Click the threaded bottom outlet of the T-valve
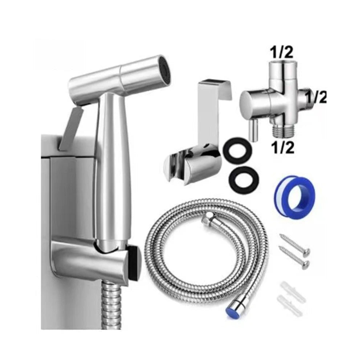pyautogui.click(x=280, y=130)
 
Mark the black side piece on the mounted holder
pyautogui.click(x=135, y=262)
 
